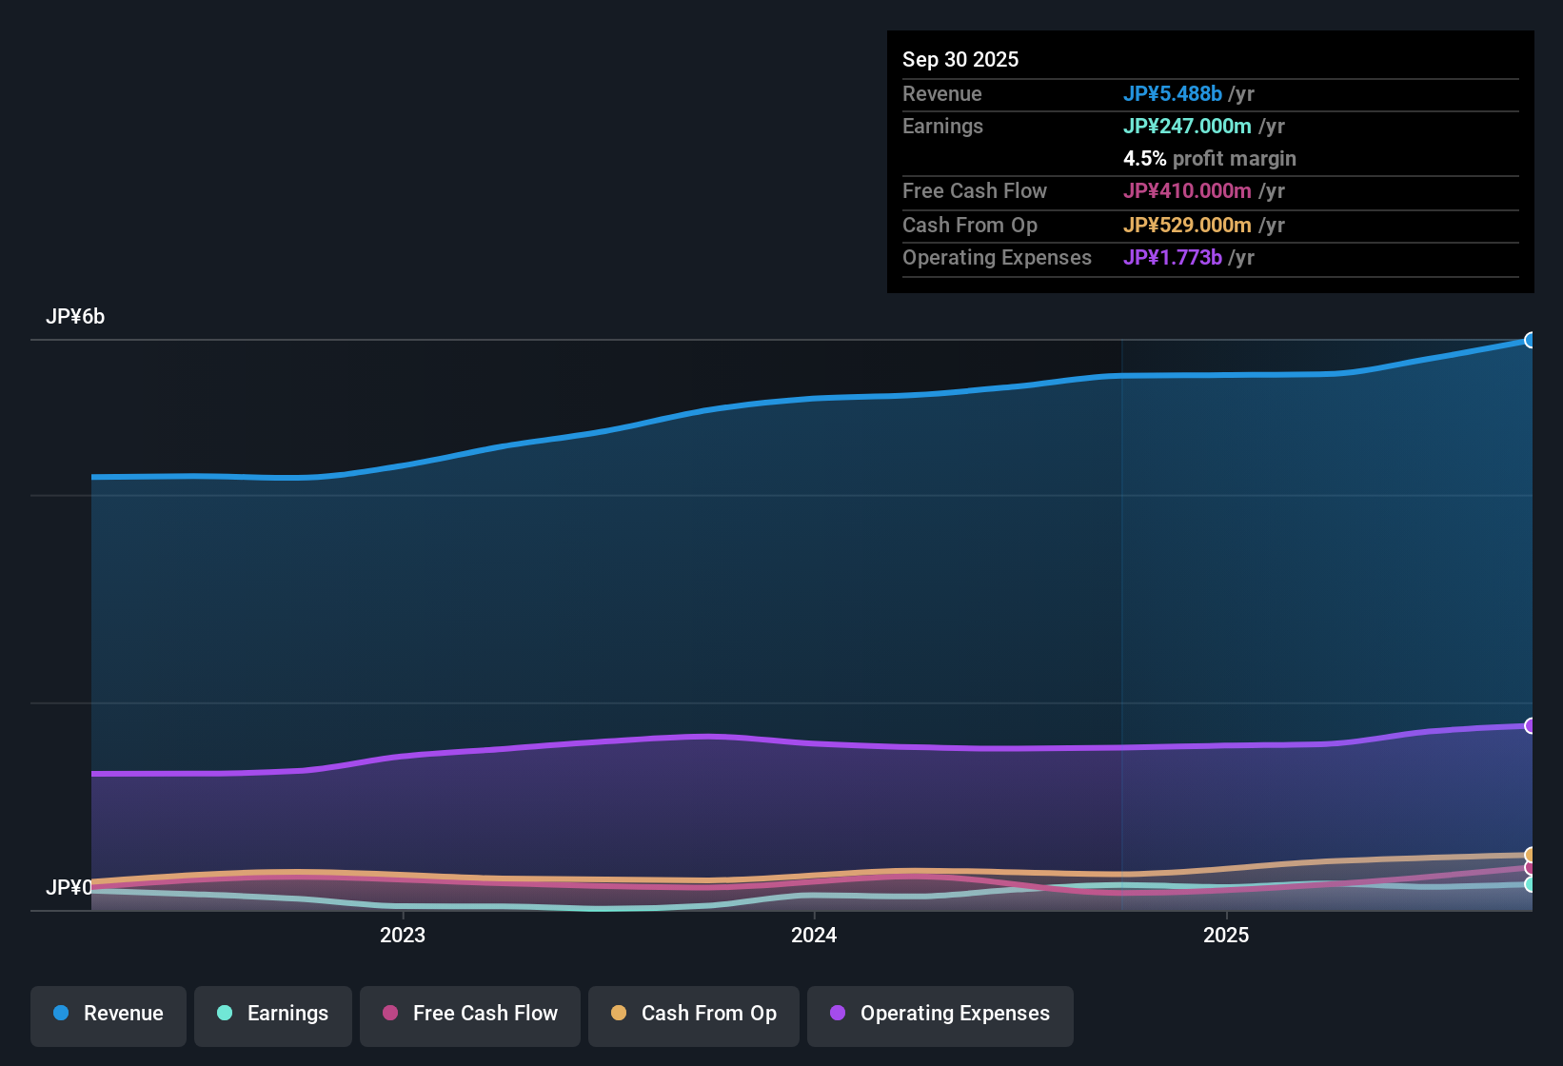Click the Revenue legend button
click(109, 1015)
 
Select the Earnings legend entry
click(273, 1015)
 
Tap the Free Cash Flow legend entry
click(470, 1015)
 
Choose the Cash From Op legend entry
click(694, 1015)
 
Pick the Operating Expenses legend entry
click(940, 1015)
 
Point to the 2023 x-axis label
click(403, 936)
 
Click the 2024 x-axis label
click(814, 936)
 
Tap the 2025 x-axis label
click(1226, 936)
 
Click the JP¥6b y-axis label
click(75, 317)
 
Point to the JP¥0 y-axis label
click(69, 888)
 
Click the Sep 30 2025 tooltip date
click(960, 60)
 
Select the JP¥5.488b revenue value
click(1172, 94)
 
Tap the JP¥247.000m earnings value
click(1187, 127)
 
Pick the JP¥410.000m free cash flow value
click(1187, 191)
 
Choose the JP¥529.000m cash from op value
click(1187, 226)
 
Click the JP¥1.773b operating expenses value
click(1172, 258)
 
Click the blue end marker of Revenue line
click(1531, 341)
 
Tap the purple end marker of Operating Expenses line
click(1531, 726)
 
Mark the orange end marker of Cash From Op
click(1531, 855)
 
